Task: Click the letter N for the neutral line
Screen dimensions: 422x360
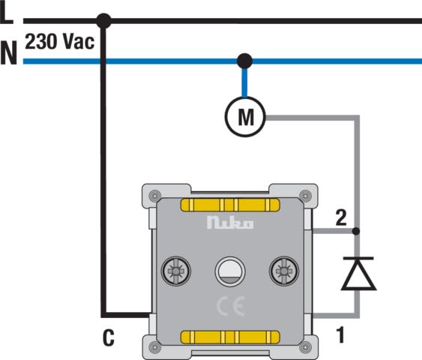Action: tap(8, 52)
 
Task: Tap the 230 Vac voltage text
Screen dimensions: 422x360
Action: tap(60, 42)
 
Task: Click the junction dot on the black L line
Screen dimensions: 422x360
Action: tap(103, 21)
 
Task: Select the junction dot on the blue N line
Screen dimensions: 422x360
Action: tap(244, 61)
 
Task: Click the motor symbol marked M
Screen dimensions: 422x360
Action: tap(245, 116)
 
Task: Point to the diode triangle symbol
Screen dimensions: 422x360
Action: tap(358, 274)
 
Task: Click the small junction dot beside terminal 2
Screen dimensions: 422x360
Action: tap(356, 231)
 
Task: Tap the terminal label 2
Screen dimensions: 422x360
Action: tap(341, 217)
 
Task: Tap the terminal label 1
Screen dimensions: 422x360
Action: tap(340, 334)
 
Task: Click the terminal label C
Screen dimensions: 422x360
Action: tap(109, 337)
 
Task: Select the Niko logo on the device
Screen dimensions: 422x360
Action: tap(230, 223)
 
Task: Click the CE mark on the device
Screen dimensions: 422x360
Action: tap(231, 306)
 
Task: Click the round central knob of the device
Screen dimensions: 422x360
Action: tap(230, 271)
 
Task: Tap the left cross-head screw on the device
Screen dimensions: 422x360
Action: tap(175, 271)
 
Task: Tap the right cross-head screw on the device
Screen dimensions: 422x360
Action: tap(284, 271)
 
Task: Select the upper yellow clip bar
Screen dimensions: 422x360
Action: tap(230, 205)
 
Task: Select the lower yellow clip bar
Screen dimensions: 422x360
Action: tap(230, 337)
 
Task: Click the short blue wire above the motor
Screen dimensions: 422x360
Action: tap(244, 82)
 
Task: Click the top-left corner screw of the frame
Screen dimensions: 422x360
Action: tap(154, 196)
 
